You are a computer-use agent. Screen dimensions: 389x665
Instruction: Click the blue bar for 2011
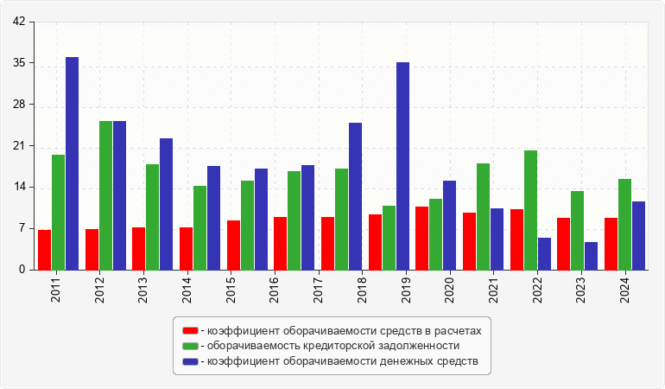72,163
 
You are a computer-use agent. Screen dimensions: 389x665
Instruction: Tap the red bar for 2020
421,238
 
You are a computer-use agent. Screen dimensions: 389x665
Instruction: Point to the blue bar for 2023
592,256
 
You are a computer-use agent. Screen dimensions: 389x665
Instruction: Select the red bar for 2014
186,248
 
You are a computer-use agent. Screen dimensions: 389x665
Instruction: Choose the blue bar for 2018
355,196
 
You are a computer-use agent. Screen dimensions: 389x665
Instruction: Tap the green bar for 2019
389,238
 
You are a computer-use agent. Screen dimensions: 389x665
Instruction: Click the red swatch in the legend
190,330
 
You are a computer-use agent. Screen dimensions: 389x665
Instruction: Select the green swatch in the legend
190,346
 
